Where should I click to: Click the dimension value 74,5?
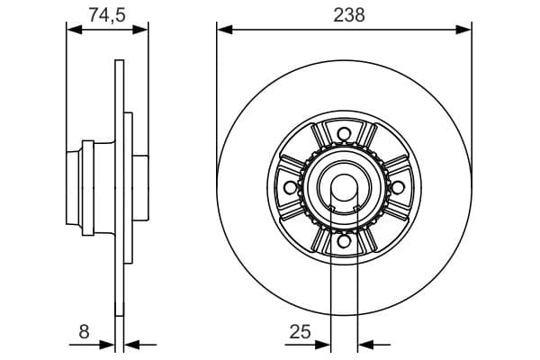click(x=107, y=13)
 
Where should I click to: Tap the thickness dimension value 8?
click(x=85, y=331)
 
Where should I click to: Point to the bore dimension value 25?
click(x=300, y=331)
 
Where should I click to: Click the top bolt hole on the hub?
click(x=343, y=134)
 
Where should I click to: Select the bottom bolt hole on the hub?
click(x=343, y=240)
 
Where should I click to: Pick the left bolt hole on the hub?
click(x=290, y=187)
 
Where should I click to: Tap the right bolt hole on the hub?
click(x=396, y=187)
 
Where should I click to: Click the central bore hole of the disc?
click(x=343, y=187)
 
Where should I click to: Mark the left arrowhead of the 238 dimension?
click(x=223, y=29)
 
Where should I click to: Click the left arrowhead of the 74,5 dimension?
click(x=74, y=29)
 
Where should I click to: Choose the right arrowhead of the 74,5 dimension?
click(x=141, y=29)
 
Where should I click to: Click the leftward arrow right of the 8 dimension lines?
click(x=130, y=343)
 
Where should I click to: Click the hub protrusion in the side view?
click(x=76, y=187)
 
